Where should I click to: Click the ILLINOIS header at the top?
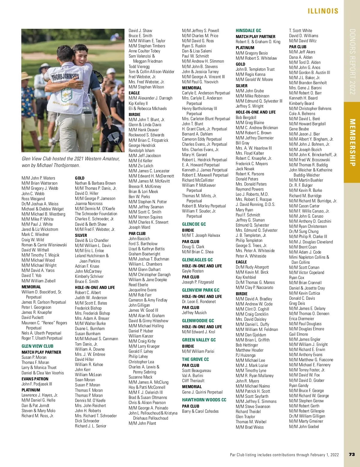(323, 11)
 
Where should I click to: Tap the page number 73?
(352, 454)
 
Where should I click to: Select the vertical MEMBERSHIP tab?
(352, 142)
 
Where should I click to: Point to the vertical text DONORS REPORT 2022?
(352, 62)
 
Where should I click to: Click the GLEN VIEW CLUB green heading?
(37, 346)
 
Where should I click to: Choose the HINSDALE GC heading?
(248, 31)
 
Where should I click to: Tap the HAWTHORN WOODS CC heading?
(204, 400)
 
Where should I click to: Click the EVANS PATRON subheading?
(35, 379)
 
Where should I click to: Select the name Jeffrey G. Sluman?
(250, 220)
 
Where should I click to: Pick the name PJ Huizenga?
(245, 355)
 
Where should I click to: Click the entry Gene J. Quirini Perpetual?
(202, 392)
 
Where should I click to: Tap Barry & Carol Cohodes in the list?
(200, 411)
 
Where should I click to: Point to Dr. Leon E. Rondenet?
(199, 302)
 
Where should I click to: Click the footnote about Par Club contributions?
(284, 455)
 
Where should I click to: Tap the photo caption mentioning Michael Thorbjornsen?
(71, 162)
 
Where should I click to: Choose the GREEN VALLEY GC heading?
(199, 340)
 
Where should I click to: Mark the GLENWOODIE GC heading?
(198, 320)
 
